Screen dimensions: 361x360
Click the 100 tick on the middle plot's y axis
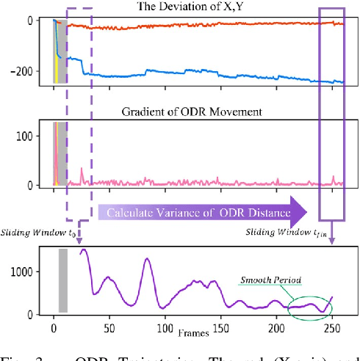(x=34, y=136)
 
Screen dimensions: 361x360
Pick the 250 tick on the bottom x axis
(x=332, y=327)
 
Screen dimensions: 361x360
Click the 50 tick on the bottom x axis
(x=109, y=327)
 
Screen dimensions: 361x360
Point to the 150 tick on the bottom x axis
(x=220, y=327)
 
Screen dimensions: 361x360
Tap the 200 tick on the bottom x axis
(x=276, y=327)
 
